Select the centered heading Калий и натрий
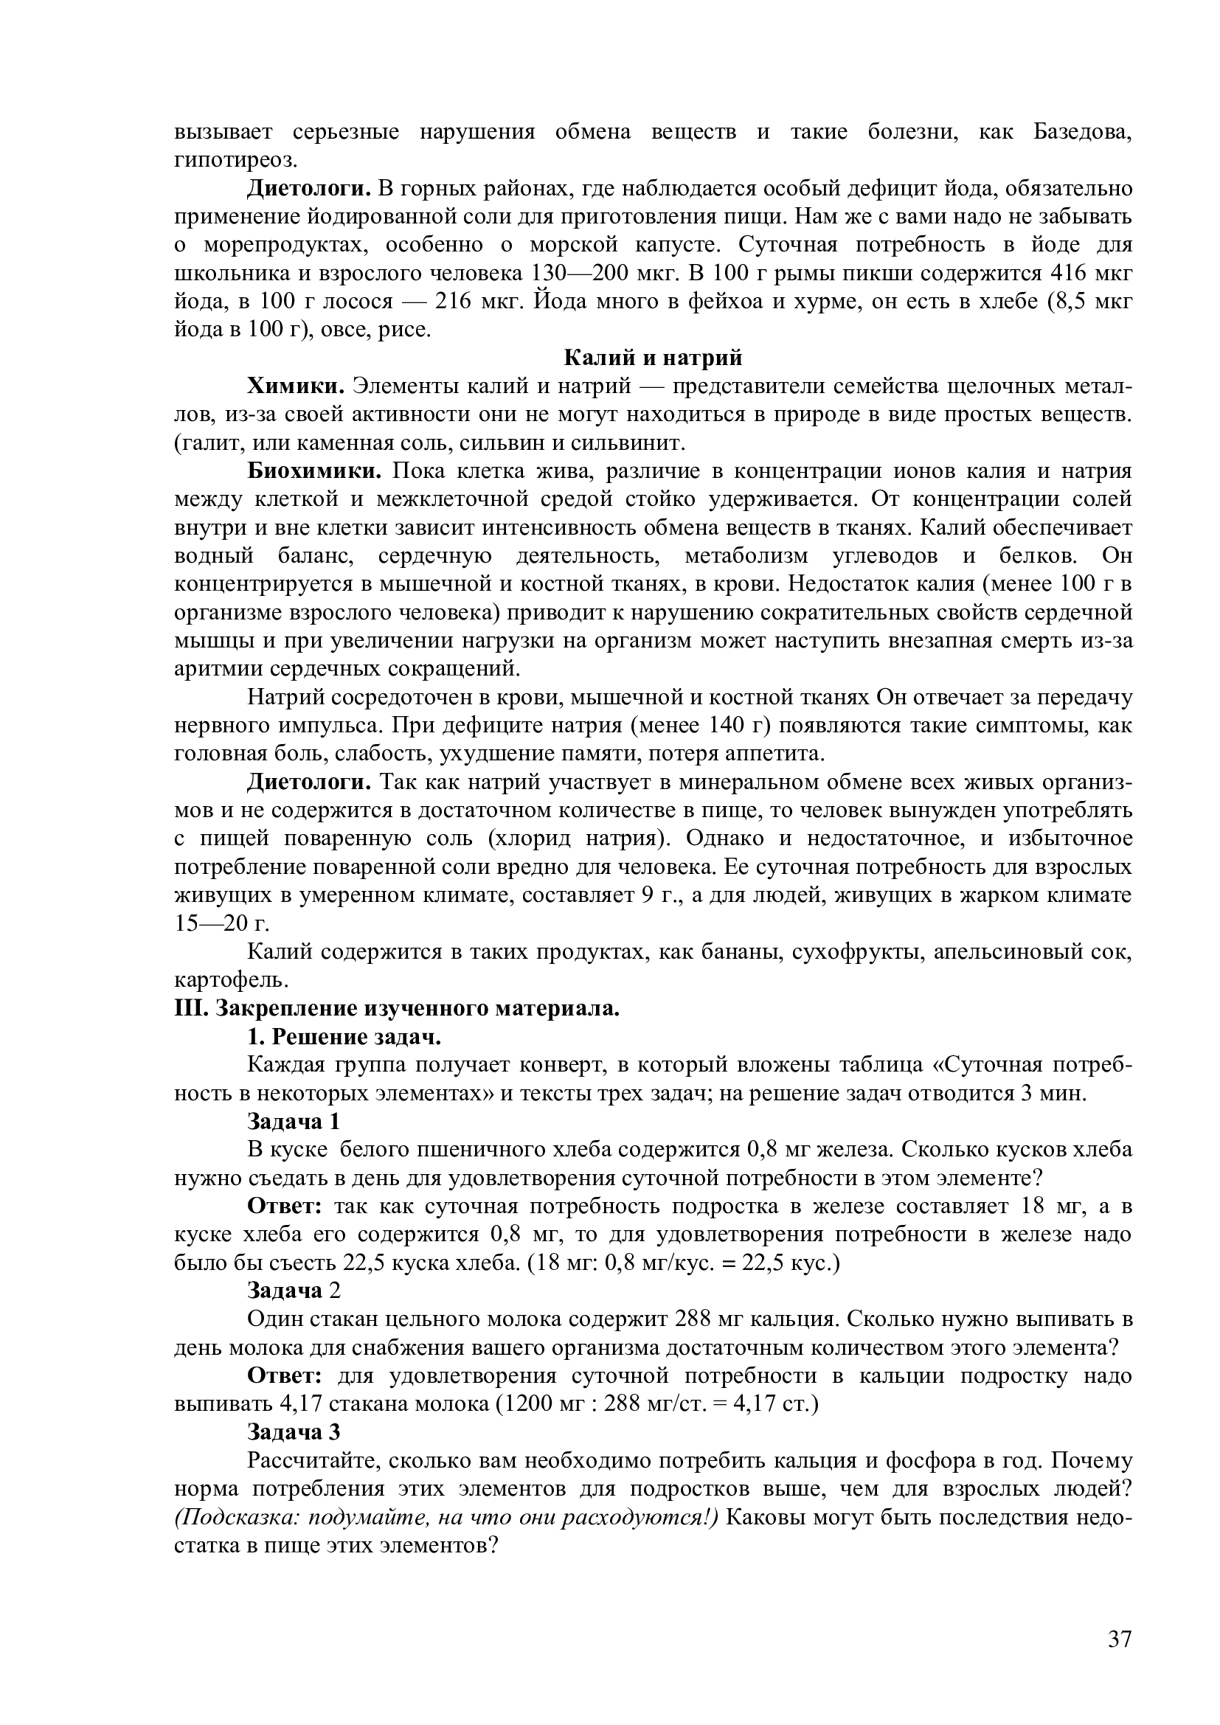coord(652,358)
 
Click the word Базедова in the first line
coord(1083,131)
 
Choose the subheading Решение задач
coord(356,1037)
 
